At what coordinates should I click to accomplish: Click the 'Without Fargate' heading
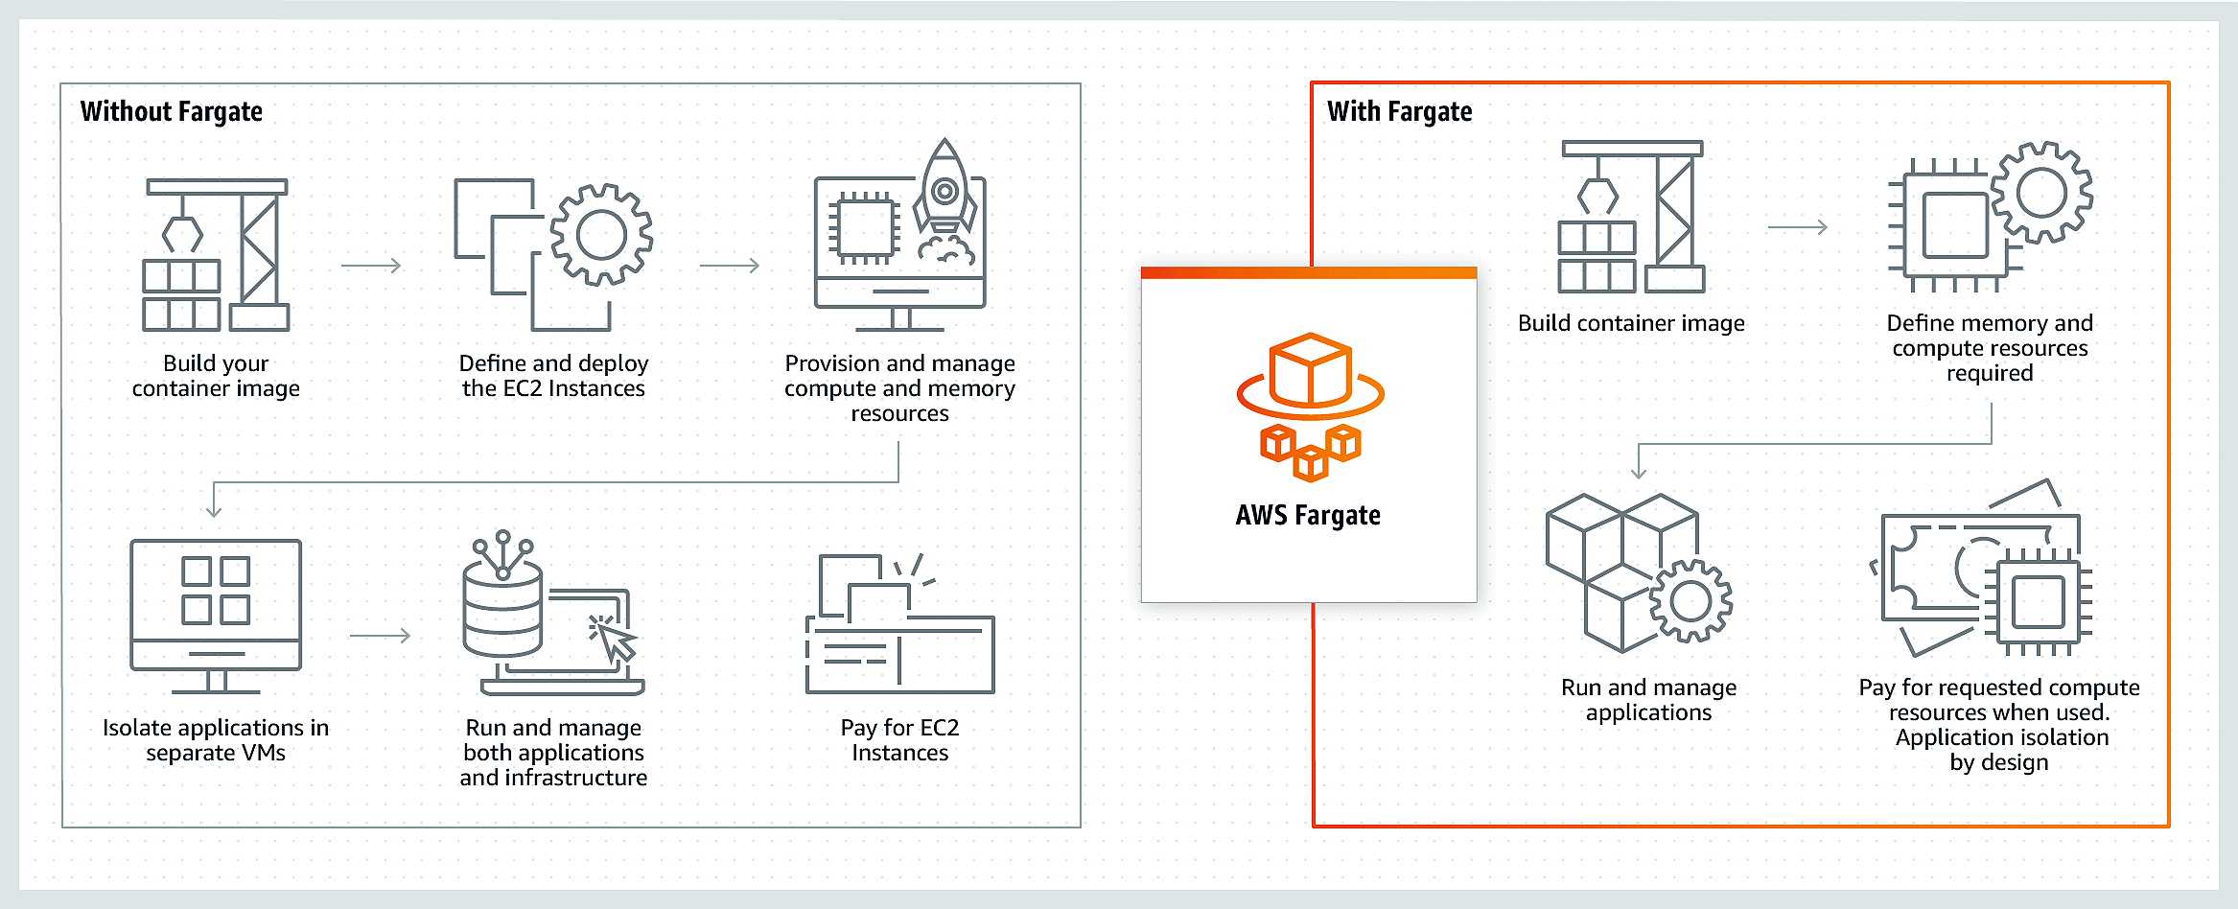click(x=172, y=112)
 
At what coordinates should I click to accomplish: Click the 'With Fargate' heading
click(x=1399, y=112)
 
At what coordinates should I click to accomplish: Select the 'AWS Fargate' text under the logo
click(x=1308, y=516)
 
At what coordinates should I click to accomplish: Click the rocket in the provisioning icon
click(x=945, y=192)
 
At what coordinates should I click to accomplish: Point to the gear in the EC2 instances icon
click(x=601, y=235)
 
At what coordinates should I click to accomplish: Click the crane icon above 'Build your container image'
click(x=217, y=254)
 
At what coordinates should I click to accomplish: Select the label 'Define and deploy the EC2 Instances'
click(x=553, y=376)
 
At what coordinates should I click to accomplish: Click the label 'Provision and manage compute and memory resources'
click(x=899, y=388)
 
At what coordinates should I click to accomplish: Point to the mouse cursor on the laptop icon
click(x=616, y=641)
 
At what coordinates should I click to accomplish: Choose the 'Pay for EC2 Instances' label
click(x=899, y=740)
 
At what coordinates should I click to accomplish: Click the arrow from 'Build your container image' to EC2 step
click(x=371, y=266)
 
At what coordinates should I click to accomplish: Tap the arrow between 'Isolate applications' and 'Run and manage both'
click(x=380, y=636)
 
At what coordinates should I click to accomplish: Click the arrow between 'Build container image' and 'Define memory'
click(x=1797, y=227)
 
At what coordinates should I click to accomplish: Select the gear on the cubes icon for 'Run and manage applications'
click(x=1690, y=601)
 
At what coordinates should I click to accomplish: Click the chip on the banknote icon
click(x=2038, y=602)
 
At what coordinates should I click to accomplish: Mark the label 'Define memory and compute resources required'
click(x=1990, y=348)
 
